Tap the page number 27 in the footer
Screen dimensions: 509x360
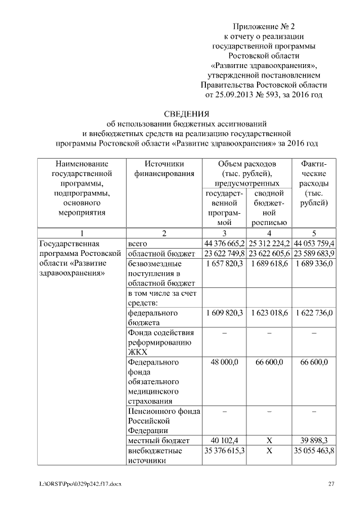point(331,484)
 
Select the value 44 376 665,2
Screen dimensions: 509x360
point(224,244)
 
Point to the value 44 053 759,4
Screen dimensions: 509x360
point(314,244)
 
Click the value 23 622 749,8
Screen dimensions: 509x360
point(224,253)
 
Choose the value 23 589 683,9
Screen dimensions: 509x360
point(314,253)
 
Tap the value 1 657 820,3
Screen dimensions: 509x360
point(224,263)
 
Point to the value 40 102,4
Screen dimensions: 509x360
point(224,440)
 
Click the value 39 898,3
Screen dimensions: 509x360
point(314,440)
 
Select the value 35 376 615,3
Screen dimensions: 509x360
point(224,451)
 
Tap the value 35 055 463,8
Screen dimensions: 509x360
point(314,451)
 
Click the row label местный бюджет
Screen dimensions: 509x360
point(159,440)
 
